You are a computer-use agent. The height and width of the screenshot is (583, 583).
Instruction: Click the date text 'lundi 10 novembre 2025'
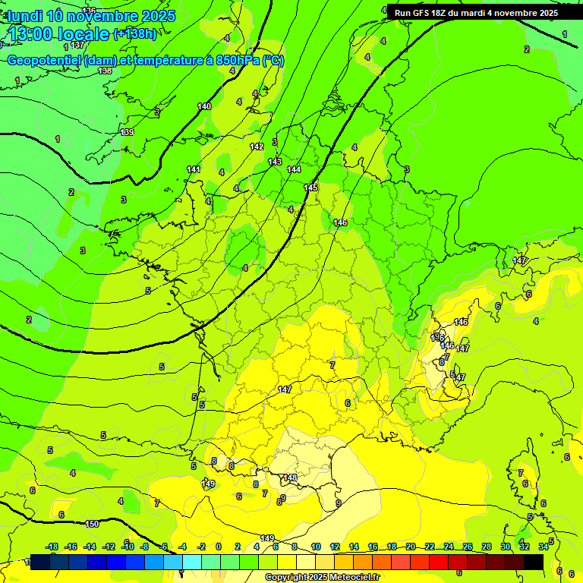pos(91,16)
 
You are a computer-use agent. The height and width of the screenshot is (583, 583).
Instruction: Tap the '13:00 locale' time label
pos(59,33)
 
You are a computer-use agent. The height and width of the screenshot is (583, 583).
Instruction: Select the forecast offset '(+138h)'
pos(135,34)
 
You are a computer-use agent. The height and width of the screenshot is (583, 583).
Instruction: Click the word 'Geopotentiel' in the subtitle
pos(44,61)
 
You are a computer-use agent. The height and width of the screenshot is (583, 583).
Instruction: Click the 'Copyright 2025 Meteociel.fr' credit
pos(322,577)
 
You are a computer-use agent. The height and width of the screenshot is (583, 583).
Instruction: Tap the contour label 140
pos(204,107)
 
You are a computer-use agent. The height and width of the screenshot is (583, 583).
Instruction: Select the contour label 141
pos(194,169)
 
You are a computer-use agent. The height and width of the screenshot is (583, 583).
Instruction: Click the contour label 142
pos(257,147)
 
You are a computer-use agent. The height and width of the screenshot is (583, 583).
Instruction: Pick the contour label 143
pos(275,162)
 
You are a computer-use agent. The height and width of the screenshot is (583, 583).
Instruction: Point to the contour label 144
pos(294,169)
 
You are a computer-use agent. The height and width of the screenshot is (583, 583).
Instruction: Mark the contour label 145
pos(311,188)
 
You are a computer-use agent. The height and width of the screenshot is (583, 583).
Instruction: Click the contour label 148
pos(291,477)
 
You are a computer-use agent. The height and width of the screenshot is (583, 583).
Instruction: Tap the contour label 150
pos(92,525)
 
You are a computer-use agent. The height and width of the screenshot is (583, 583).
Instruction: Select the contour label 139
pos(127,133)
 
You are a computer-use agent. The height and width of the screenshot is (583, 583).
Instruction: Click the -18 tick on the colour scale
pos(52,547)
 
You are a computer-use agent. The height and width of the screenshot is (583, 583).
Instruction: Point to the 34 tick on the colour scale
pos(544,547)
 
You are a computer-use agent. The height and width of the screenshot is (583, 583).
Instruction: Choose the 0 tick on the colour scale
pos(219,547)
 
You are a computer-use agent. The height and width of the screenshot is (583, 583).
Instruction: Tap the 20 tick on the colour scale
pos(411,547)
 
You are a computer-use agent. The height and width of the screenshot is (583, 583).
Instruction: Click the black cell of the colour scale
pos(534,562)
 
